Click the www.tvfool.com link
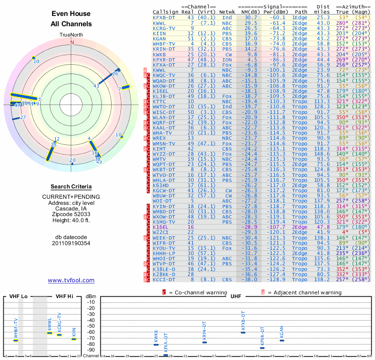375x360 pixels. tap(71, 280)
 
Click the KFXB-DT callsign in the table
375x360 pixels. tap(164, 17)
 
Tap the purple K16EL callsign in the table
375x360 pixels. tap(160, 226)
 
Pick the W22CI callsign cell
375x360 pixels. tap(160, 232)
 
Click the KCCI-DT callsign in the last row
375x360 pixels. tap(164, 279)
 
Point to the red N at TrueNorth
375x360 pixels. tap(72, 42)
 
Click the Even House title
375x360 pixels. tap(71, 14)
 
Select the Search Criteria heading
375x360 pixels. tap(71, 187)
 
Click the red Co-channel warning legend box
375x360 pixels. tap(165, 292)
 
